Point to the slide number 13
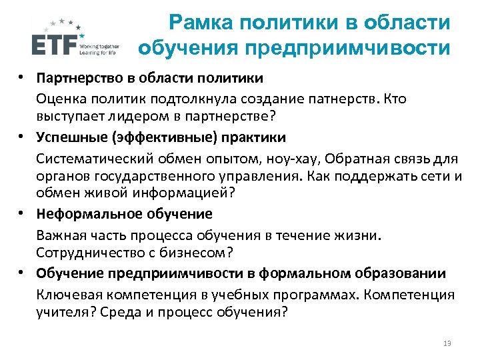447,343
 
